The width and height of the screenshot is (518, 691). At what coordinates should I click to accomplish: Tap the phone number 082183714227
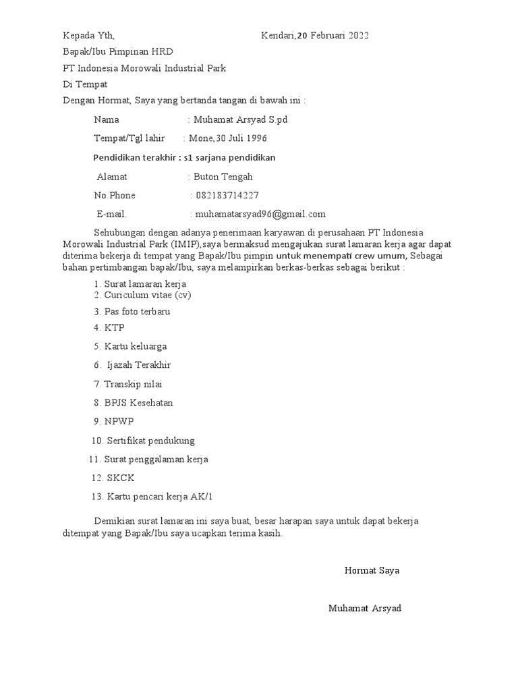227,196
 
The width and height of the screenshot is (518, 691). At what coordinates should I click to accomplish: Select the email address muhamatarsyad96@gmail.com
260,214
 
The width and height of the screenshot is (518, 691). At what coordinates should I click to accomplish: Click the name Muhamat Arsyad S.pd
240,120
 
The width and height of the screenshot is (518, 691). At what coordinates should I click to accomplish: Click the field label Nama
107,120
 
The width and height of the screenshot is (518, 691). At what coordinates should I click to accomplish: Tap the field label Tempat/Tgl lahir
129,139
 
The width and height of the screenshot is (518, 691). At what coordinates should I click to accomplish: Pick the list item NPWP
119,422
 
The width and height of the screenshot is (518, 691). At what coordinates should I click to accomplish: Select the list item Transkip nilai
133,384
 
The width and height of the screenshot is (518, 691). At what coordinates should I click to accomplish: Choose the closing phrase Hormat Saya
372,570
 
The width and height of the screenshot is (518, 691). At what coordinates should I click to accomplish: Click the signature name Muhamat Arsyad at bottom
365,608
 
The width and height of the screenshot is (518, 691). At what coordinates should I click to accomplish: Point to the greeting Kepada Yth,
89,36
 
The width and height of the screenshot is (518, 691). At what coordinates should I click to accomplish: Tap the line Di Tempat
85,84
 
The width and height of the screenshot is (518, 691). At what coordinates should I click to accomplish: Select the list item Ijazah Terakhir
138,365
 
